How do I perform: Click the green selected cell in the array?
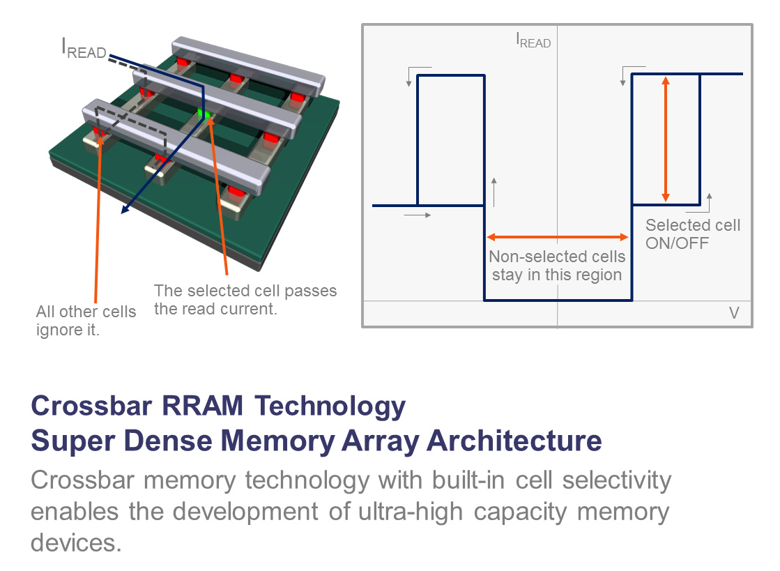point(204,113)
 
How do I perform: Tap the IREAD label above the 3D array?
point(83,50)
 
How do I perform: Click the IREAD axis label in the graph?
point(533,41)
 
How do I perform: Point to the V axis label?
point(733,312)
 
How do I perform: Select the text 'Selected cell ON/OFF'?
point(693,234)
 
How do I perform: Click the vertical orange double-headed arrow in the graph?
point(666,139)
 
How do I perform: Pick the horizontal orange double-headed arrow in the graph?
point(558,237)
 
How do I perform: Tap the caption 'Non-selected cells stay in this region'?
point(557,266)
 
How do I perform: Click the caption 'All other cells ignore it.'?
point(86,320)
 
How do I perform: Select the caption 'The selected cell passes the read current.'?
point(245,299)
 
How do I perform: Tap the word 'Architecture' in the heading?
point(514,441)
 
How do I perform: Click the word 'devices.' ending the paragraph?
point(76,542)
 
